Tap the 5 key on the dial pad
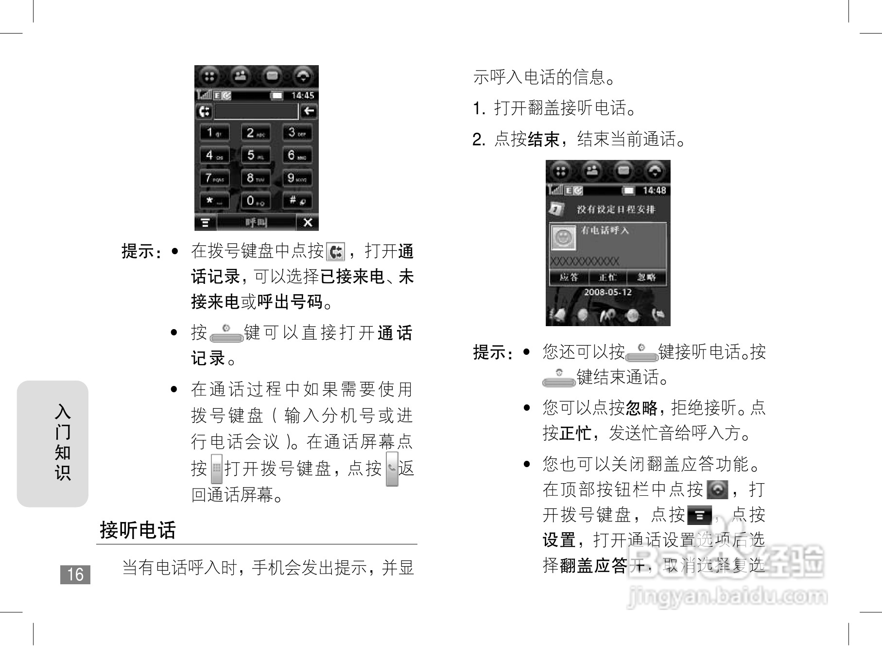pyautogui.click(x=256, y=156)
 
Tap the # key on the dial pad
pyautogui.click(x=297, y=200)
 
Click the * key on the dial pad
pyautogui.click(x=214, y=200)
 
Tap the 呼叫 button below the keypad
pyautogui.click(x=256, y=223)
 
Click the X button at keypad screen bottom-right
pyautogui.click(x=308, y=223)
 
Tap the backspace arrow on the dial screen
pyautogui.click(x=309, y=111)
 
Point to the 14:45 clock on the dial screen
pyautogui.click(x=302, y=96)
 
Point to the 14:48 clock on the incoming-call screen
pyautogui.click(x=654, y=191)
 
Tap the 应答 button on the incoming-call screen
pyautogui.click(x=569, y=278)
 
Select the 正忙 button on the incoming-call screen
pyautogui.click(x=607, y=278)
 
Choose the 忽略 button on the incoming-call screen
pyautogui.click(x=646, y=278)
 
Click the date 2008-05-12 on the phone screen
pyautogui.click(x=607, y=292)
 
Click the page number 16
pyautogui.click(x=75, y=575)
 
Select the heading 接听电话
pyautogui.click(x=138, y=530)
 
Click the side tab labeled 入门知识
pyautogui.click(x=53, y=443)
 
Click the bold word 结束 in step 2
pyautogui.click(x=544, y=140)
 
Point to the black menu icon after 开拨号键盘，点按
pyautogui.click(x=699, y=515)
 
